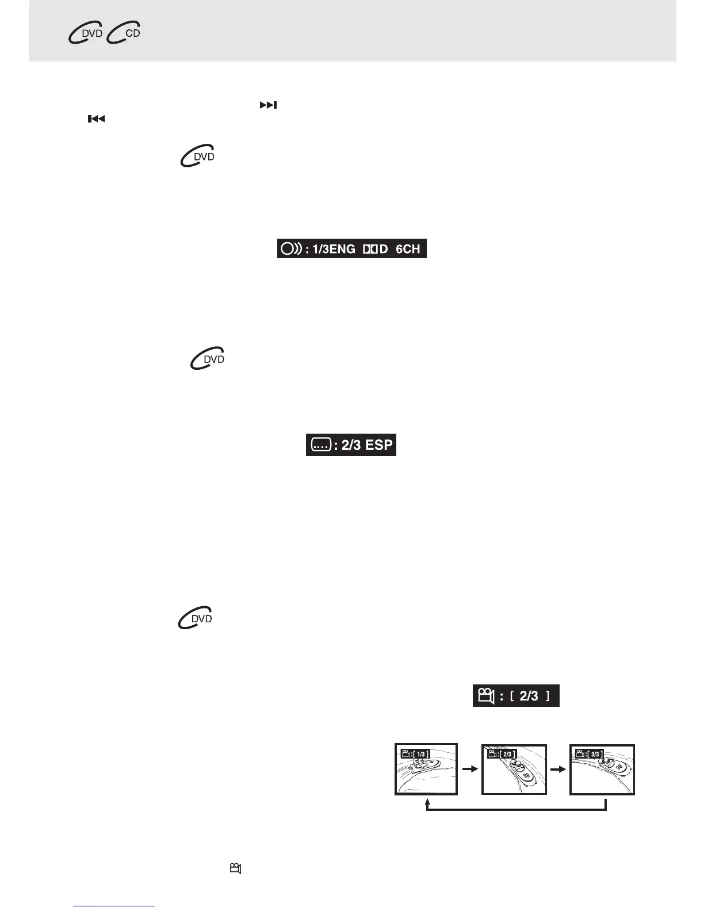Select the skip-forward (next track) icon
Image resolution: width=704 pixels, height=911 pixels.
click(x=268, y=105)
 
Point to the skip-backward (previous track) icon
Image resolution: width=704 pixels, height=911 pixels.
click(x=96, y=119)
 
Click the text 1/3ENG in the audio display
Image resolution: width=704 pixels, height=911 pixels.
click(x=334, y=249)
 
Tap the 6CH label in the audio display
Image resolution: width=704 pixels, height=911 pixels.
click(x=408, y=249)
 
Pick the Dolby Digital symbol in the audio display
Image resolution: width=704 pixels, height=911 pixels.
click(x=375, y=249)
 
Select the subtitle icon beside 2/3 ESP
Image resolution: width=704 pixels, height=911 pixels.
click(x=320, y=445)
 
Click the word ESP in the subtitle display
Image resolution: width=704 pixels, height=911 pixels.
click(x=379, y=445)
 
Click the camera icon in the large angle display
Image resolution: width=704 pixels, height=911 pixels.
click(x=486, y=696)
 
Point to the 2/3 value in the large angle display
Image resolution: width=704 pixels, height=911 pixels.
click(x=529, y=696)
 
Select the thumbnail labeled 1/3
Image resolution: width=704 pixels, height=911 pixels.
click(x=426, y=770)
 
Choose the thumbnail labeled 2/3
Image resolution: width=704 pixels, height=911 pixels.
click(x=514, y=770)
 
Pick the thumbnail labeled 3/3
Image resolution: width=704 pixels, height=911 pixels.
click(x=602, y=770)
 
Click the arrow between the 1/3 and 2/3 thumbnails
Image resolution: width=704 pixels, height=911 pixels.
click(x=470, y=768)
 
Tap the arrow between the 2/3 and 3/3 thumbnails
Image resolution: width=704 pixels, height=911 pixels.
click(x=558, y=768)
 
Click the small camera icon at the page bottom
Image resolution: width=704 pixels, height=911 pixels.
click(x=235, y=868)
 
